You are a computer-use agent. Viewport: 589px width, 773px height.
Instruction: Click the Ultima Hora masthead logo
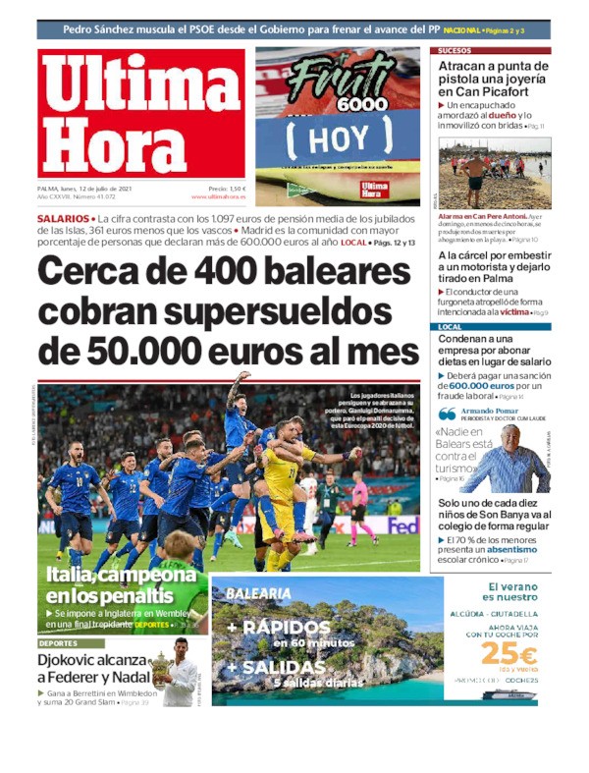click(x=141, y=114)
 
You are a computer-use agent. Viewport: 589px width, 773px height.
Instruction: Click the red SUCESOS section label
click(x=455, y=50)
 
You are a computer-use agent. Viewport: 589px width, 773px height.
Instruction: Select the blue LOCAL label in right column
click(x=451, y=327)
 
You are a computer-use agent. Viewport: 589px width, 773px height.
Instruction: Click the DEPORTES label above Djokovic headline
click(x=58, y=643)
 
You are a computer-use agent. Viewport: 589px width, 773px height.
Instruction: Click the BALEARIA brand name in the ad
click(x=258, y=593)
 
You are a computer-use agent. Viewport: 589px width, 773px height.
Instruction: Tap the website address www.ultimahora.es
click(x=219, y=196)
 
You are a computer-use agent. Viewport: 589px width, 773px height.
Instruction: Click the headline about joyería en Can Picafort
click(x=494, y=79)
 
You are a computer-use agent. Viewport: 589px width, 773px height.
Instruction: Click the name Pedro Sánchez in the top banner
click(x=101, y=29)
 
